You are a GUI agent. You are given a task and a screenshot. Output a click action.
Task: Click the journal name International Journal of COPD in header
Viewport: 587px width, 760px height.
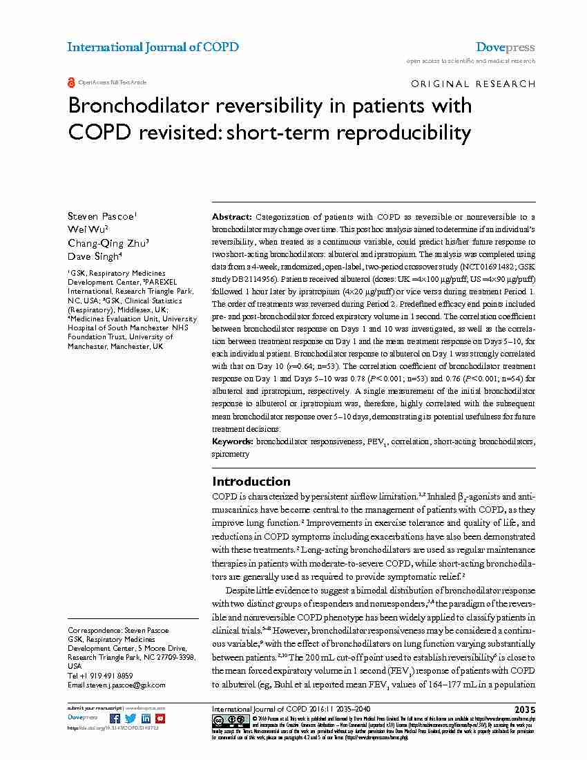coord(153,47)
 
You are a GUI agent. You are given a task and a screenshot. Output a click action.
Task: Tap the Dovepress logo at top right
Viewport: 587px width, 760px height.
coord(506,47)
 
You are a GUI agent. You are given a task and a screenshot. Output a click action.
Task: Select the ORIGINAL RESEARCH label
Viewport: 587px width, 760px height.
coord(472,84)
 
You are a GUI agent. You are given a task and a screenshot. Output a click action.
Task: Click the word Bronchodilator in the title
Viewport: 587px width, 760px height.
coord(136,106)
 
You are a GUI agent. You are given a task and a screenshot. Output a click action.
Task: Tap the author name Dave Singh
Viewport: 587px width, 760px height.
coord(95,255)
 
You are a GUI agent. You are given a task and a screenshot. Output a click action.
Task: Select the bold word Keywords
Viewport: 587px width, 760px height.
coord(233,441)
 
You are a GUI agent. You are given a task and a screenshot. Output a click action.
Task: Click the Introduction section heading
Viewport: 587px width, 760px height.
coord(251,482)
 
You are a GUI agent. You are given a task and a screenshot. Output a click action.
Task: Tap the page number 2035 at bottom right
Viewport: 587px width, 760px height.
coord(524,710)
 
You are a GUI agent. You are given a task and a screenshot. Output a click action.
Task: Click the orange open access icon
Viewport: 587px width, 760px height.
coord(71,82)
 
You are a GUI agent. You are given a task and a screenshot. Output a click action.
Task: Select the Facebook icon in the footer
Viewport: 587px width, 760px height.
coord(115,719)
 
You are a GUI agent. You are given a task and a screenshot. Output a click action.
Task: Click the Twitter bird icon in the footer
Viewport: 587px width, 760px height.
coord(131,719)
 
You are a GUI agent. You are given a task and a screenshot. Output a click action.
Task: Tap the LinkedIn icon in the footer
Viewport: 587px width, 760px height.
coord(146,719)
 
